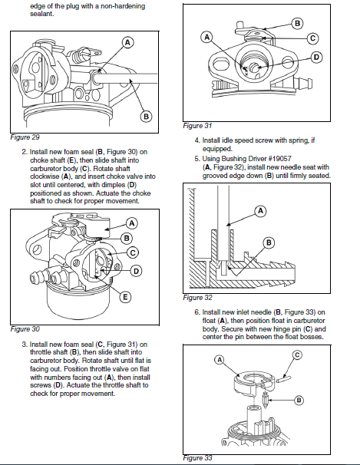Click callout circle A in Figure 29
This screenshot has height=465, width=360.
[127, 42]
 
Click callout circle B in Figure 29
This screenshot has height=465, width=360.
[146, 117]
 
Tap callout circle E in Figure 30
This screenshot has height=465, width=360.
[125, 297]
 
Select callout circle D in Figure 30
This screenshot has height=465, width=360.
[136, 271]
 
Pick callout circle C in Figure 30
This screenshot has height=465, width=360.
[133, 252]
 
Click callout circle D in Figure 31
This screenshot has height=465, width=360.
[316, 57]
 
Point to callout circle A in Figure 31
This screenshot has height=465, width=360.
[206, 37]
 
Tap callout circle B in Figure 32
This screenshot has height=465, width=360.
[269, 243]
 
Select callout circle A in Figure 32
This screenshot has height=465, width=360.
[260, 211]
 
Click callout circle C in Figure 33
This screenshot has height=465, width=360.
[297, 355]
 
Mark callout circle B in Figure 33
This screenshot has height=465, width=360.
[299, 401]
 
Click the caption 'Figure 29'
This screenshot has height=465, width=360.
[25, 137]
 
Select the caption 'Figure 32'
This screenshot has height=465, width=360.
[197, 298]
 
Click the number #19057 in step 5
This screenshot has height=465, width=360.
[279, 159]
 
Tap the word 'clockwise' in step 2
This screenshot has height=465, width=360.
[45, 176]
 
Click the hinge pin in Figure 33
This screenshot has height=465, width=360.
[284, 379]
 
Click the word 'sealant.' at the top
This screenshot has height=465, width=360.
[41, 14]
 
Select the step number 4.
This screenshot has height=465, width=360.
[197, 140]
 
